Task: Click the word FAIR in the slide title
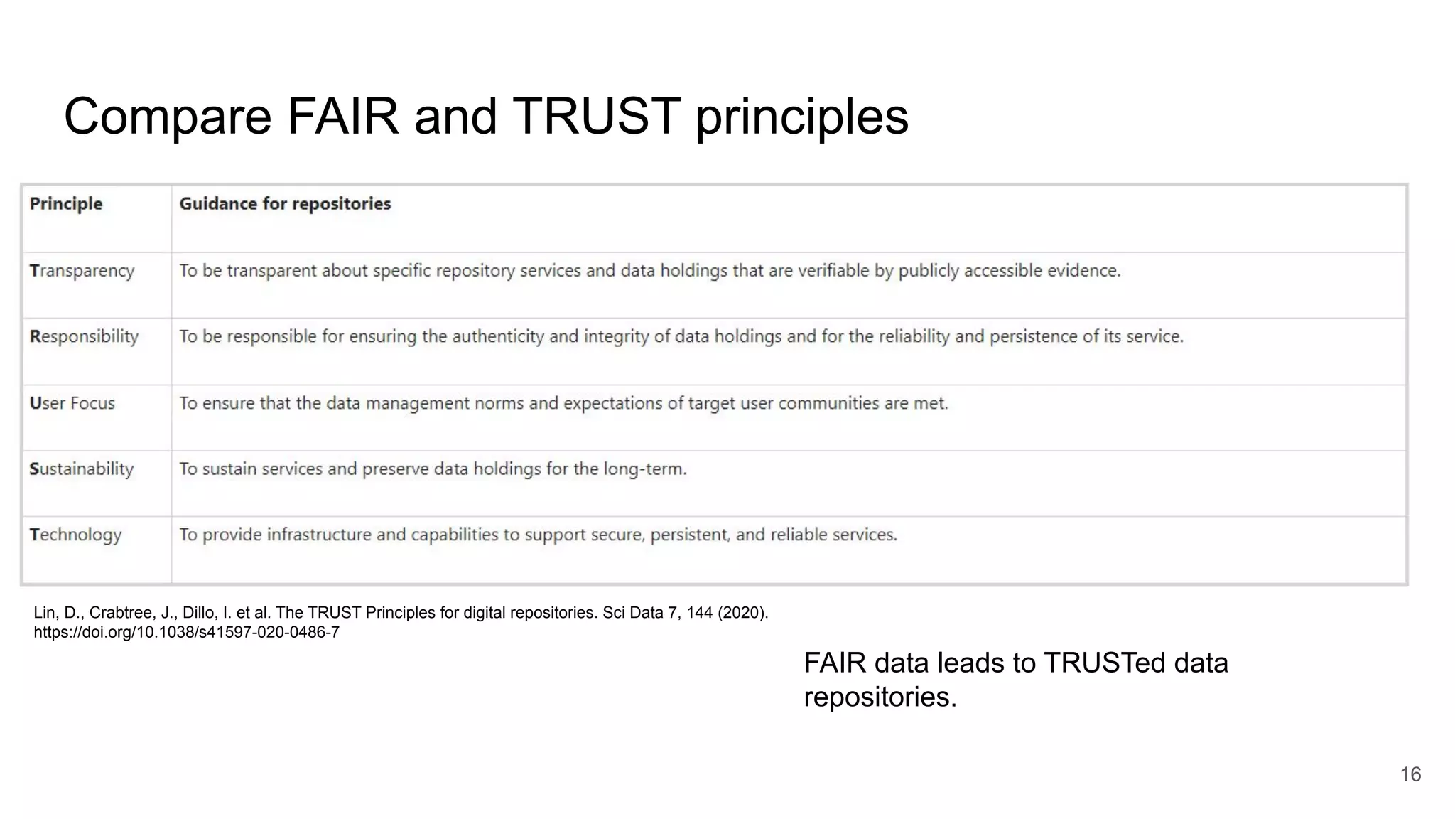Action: (342, 117)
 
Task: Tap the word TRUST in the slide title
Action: (595, 117)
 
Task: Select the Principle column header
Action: (66, 204)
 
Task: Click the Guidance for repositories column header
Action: (285, 204)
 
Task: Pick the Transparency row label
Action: (82, 271)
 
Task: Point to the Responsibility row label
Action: (84, 336)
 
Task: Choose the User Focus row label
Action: (72, 403)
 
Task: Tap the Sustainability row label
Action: (81, 469)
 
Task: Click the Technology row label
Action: (75, 535)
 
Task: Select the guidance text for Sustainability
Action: (433, 469)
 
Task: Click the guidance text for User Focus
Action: (563, 403)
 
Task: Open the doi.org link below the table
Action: (186, 632)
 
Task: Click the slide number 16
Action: (1410, 774)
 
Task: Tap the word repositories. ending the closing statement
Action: (880, 697)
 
